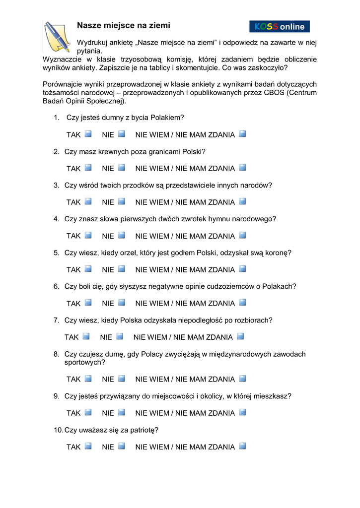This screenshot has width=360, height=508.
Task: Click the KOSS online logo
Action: tap(279, 26)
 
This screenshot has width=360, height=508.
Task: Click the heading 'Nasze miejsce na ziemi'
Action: tap(123, 25)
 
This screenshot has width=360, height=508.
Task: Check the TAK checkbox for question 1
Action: tap(88, 134)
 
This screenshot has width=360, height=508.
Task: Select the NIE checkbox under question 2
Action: tap(121, 168)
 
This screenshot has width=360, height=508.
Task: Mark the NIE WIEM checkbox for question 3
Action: tap(242, 201)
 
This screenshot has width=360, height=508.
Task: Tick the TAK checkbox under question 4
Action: tap(88, 235)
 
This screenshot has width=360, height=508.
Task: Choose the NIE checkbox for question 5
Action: tap(121, 269)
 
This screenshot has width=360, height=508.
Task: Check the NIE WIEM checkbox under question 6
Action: tap(242, 303)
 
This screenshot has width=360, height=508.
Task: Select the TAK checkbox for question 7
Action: tap(86, 336)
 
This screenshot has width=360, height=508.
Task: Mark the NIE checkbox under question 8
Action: tap(121, 379)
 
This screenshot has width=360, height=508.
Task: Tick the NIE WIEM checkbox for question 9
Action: tap(242, 412)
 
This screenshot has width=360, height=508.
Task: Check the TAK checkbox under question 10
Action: tap(88, 446)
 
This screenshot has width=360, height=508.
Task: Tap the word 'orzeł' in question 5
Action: tap(128, 253)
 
